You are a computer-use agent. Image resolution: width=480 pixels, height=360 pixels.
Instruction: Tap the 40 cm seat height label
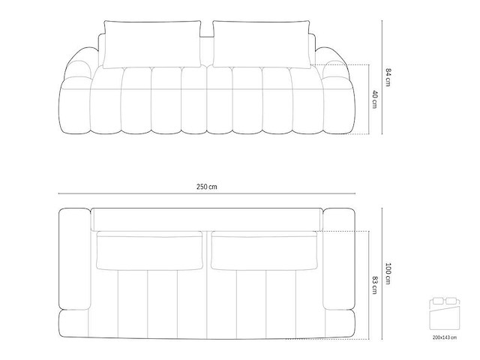click(x=373, y=99)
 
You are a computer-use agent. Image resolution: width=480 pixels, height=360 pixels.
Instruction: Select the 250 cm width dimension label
click(x=208, y=186)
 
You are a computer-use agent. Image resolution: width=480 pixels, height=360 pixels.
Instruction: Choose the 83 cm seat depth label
click(x=373, y=286)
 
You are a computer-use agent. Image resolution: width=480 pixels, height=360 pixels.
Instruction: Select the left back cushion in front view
click(x=153, y=43)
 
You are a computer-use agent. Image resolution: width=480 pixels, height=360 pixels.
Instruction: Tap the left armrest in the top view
click(x=74, y=259)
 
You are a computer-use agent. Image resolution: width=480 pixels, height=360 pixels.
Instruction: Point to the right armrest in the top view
click(x=340, y=259)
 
